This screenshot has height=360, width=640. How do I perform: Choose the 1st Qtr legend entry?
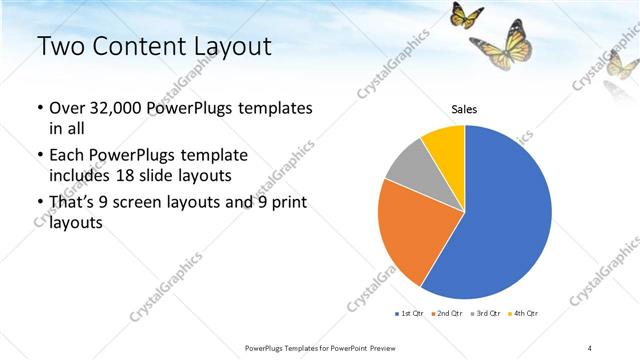pos(411,314)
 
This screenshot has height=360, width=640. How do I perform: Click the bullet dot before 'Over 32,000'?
pos(39,108)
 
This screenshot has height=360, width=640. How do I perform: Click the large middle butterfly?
pos(502,46)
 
